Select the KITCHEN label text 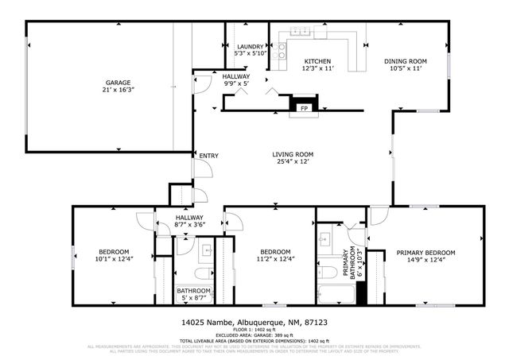pos(318,61)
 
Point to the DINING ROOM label pos(406,61)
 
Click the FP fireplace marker pos(303,108)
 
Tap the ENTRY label pos(209,156)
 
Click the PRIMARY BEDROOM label pos(425,253)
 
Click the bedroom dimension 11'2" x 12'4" pos(275,258)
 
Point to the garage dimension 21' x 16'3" pos(119,91)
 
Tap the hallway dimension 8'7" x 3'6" pos(189,225)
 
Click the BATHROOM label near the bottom pos(193,291)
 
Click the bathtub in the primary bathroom pos(335,295)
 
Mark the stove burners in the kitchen pos(282,52)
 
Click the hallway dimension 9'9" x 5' pos(236,83)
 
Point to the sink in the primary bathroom pos(324,238)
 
